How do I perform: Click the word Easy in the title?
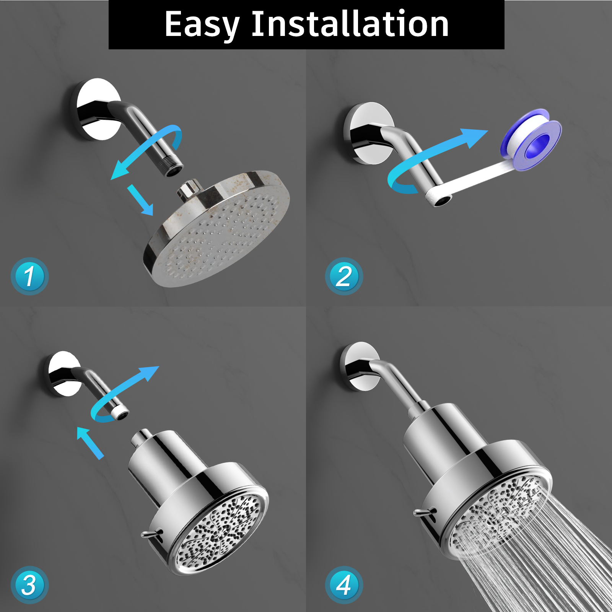click(202, 25)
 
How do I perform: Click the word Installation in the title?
click(350, 24)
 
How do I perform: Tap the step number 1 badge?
click(29, 276)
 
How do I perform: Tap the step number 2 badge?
click(344, 276)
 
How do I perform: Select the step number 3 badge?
click(29, 585)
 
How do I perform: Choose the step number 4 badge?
click(344, 585)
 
